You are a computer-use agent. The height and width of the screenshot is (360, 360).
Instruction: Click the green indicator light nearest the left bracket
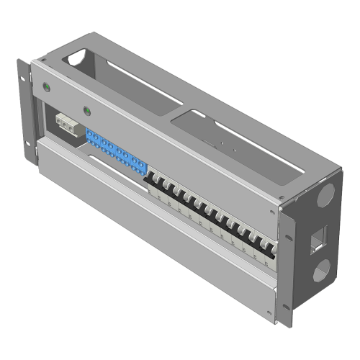48,89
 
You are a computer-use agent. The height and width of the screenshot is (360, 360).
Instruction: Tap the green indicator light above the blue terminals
86,112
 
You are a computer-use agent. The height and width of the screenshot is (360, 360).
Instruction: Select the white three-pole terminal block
67,125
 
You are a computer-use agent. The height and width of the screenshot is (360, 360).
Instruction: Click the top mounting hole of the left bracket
30,70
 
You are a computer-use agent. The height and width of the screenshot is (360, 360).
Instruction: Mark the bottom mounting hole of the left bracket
29,152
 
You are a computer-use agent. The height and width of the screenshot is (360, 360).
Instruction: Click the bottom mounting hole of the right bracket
289,309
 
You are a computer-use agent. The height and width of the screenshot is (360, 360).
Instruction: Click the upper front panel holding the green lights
158,137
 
